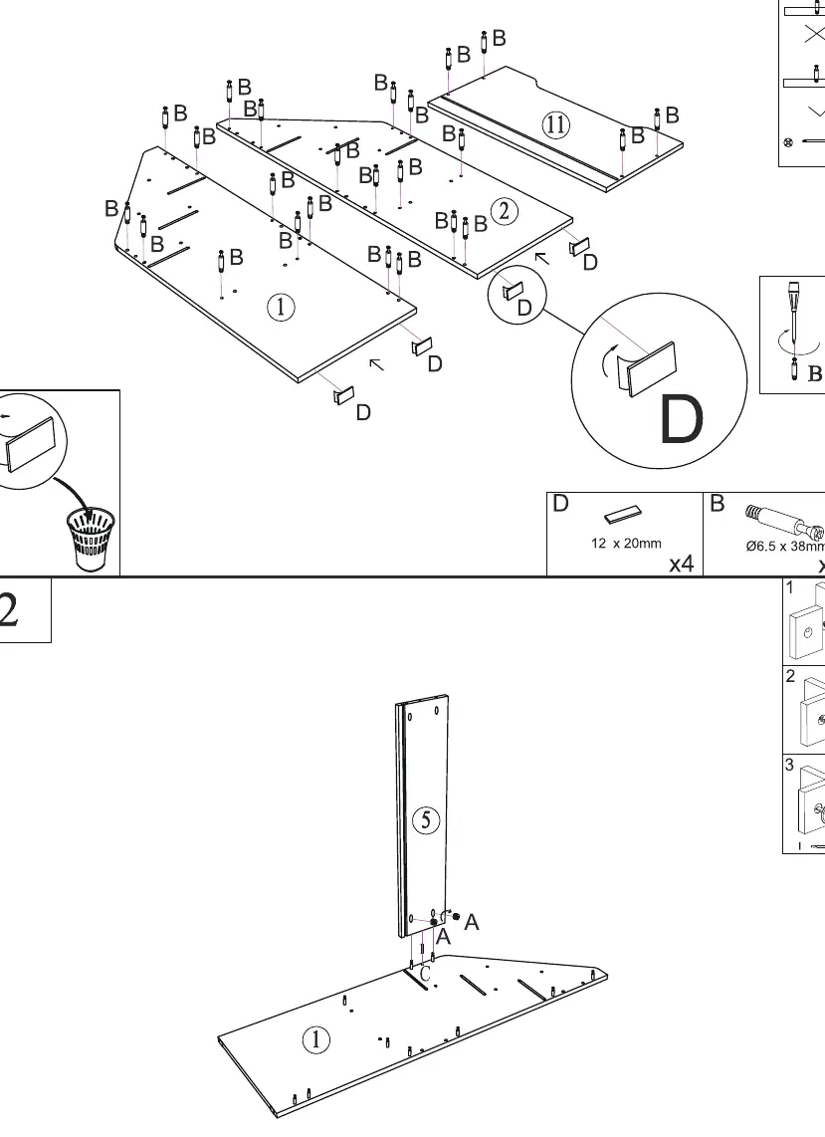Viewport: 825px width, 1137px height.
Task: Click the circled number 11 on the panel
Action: [x=556, y=124]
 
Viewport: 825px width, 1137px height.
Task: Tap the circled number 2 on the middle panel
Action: [x=505, y=211]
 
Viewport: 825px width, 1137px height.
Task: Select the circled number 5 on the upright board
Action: [x=426, y=820]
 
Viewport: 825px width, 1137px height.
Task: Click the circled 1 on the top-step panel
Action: [x=281, y=308]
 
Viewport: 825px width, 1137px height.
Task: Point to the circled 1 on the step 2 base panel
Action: [x=315, y=1039]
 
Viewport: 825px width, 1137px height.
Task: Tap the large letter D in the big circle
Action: [x=681, y=419]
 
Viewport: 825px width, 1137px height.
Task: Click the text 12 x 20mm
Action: [x=626, y=544]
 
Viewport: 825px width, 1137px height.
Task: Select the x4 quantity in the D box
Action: [x=681, y=564]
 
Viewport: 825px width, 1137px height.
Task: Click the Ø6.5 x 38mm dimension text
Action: [x=785, y=546]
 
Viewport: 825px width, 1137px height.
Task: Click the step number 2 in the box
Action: [x=9, y=610]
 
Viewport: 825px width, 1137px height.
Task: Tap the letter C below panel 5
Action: [x=426, y=974]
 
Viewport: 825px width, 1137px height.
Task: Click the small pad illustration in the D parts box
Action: [x=623, y=514]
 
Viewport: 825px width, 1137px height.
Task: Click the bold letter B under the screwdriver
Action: [x=815, y=373]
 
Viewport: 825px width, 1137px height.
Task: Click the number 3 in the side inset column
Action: [x=789, y=765]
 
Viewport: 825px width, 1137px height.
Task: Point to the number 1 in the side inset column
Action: [x=789, y=588]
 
